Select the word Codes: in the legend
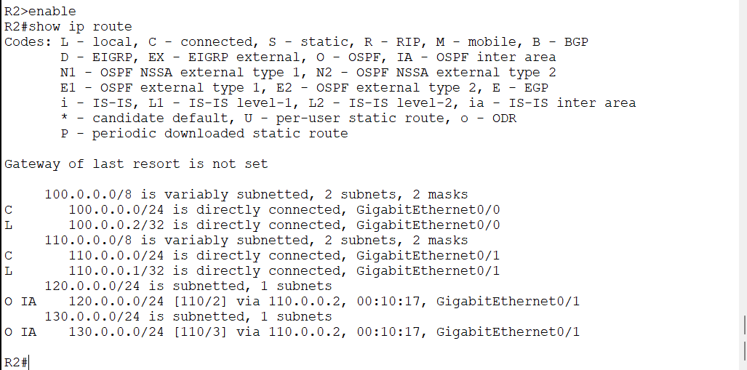point(28,42)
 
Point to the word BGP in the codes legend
point(576,42)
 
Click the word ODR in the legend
point(504,118)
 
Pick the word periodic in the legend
point(124,134)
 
